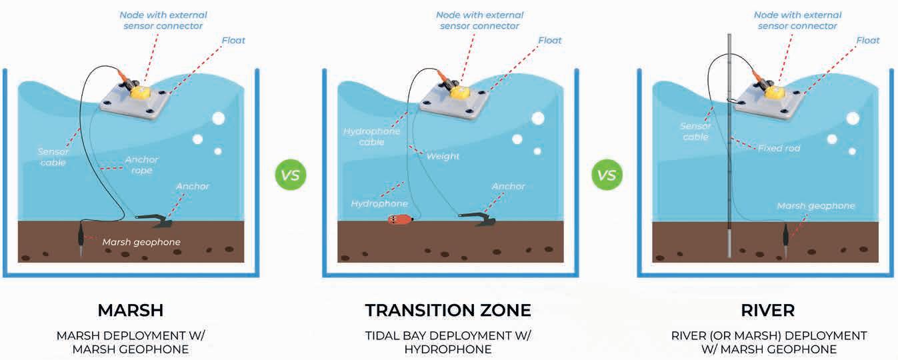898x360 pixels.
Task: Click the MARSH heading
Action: click(x=130, y=310)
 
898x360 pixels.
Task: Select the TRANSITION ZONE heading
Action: click(x=448, y=310)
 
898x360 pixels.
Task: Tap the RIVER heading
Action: click(x=769, y=310)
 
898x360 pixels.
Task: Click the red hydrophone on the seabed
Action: click(x=401, y=219)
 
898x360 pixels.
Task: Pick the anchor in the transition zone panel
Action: click(x=474, y=219)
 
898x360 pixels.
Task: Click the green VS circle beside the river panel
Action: click(x=606, y=176)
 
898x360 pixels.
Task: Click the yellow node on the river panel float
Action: click(x=775, y=91)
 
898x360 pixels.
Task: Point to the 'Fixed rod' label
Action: click(x=779, y=147)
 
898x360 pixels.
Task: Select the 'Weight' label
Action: click(x=443, y=156)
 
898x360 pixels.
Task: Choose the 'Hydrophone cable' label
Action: click(x=371, y=137)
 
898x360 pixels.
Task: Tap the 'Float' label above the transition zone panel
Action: click(x=550, y=40)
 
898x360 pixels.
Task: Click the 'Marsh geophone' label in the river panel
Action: click(x=815, y=206)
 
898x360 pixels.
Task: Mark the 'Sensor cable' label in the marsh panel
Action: click(x=53, y=157)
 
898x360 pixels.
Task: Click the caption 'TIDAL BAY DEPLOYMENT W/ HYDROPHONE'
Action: click(x=448, y=342)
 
